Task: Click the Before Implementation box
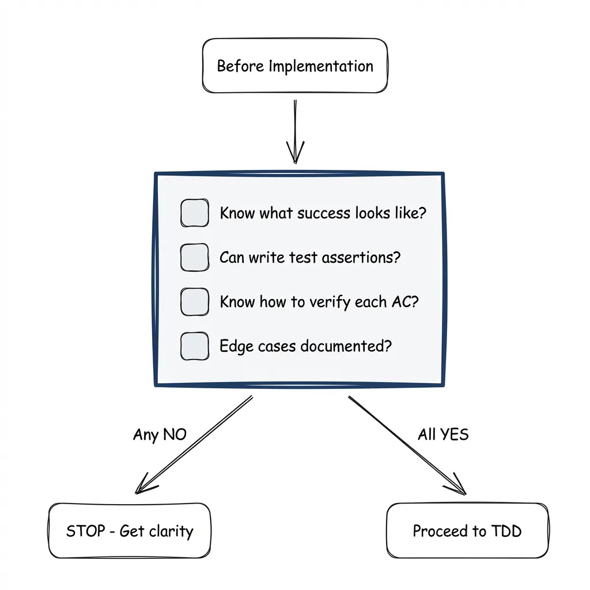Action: coord(295,66)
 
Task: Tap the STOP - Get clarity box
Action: coord(130,531)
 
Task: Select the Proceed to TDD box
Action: coord(467,531)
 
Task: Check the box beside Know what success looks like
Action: coord(195,213)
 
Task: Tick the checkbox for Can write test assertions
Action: coord(195,258)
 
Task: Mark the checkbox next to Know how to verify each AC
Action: coord(195,302)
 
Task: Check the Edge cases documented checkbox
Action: coord(195,346)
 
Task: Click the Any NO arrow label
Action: coord(160,434)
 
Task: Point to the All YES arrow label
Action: coord(443,434)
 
